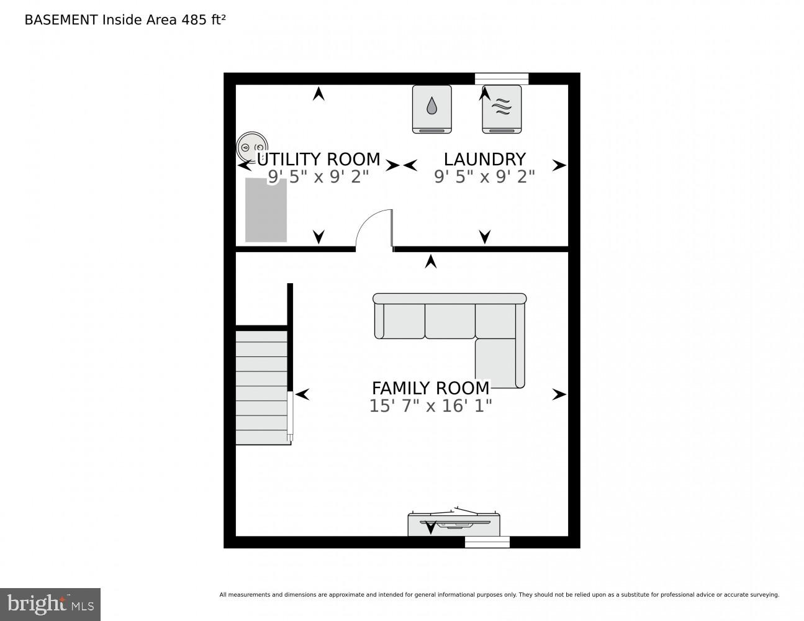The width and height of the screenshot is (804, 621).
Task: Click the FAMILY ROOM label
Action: tap(430, 388)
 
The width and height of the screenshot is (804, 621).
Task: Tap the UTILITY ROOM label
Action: tap(318, 160)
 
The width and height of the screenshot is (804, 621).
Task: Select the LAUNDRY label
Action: tap(484, 160)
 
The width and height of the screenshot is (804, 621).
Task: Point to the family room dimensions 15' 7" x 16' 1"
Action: tap(430, 406)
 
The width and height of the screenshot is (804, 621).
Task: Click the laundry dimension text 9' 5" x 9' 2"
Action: tap(484, 177)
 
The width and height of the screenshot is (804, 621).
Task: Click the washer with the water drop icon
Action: tap(431, 109)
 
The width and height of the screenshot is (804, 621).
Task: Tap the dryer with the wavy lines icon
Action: tap(502, 109)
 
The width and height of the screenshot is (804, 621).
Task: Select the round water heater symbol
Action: tap(252, 147)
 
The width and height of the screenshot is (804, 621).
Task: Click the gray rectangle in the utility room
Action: tap(266, 210)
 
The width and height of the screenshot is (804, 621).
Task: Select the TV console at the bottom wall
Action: tap(454, 524)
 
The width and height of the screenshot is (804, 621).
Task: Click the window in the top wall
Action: tap(502, 78)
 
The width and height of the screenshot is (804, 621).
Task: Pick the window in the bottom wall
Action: tap(487, 542)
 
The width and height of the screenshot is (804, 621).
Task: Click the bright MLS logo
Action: tap(50, 604)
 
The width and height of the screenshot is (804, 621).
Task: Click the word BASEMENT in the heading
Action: tap(61, 20)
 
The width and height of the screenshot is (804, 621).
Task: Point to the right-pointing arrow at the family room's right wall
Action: tap(559, 394)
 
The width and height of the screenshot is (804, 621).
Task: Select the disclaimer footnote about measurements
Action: tap(499, 595)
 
